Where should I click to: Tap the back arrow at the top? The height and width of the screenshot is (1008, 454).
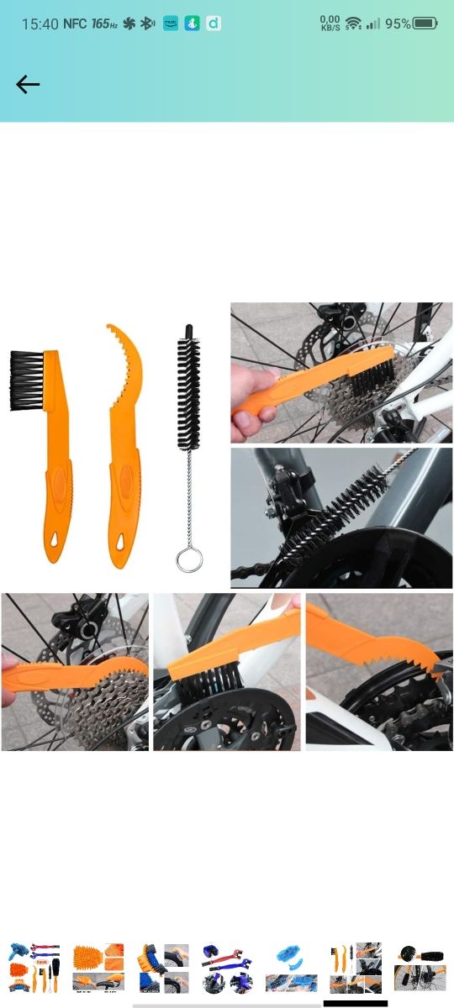(28, 84)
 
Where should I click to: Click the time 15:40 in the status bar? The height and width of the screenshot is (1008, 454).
(40, 24)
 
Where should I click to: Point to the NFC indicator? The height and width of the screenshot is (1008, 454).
(75, 24)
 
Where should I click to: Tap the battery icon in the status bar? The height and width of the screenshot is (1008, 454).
(425, 24)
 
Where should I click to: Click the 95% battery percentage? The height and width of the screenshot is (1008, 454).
(398, 24)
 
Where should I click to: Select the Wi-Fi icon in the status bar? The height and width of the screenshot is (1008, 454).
(353, 24)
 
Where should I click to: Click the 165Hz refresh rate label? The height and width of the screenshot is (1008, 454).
(104, 24)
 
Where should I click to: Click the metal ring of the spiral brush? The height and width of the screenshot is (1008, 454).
(189, 559)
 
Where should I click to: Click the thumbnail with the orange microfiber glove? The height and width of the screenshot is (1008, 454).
(98, 968)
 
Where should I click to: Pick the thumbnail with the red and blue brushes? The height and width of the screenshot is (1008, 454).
(227, 968)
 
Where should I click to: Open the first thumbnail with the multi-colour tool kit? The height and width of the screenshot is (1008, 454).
(34, 968)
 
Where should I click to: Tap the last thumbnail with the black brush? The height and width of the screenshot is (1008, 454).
(420, 968)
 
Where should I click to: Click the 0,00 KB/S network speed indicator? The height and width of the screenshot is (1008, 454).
(330, 24)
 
